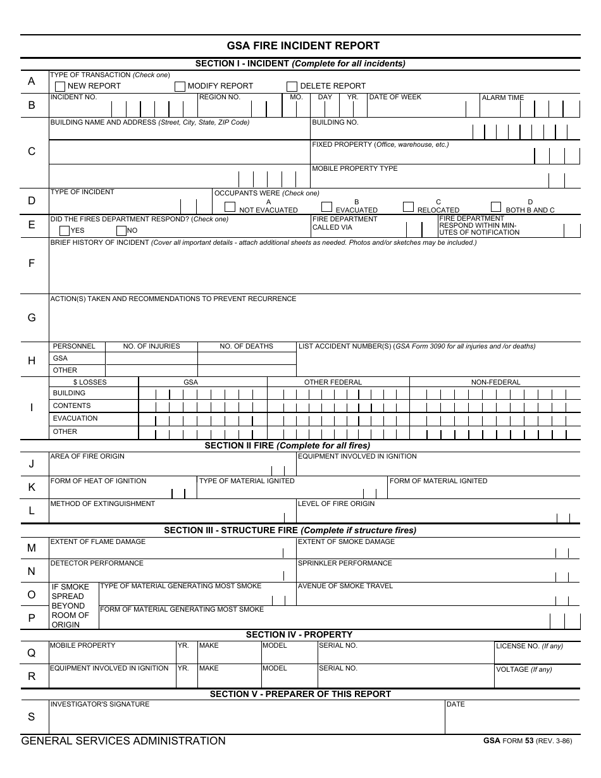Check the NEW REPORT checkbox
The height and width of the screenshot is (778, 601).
60,87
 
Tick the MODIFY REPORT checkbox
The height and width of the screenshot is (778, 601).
180,87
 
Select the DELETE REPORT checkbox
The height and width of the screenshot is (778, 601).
292,87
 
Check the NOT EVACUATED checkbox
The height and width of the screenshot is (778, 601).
230,206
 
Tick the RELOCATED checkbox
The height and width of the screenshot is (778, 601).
409,206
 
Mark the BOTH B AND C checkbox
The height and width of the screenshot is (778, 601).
496,206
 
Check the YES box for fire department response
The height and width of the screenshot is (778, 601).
64,231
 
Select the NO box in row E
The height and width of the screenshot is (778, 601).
121,231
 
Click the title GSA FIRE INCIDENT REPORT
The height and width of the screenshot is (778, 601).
303,46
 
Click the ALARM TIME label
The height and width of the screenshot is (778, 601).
503,98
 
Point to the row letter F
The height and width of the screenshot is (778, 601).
32,264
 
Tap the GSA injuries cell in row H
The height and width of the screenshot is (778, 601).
151,358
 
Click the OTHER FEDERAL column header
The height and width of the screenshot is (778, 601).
333,382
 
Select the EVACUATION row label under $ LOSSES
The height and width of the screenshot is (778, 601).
75,418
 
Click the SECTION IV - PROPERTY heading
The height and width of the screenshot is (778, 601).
299,634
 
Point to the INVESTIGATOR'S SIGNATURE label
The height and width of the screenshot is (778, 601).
100,704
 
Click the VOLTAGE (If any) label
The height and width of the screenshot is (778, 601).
524,669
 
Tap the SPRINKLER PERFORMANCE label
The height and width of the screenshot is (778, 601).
345,563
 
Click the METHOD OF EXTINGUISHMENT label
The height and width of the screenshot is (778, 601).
102,503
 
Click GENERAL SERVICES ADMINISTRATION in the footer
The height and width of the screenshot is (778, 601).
123,741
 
